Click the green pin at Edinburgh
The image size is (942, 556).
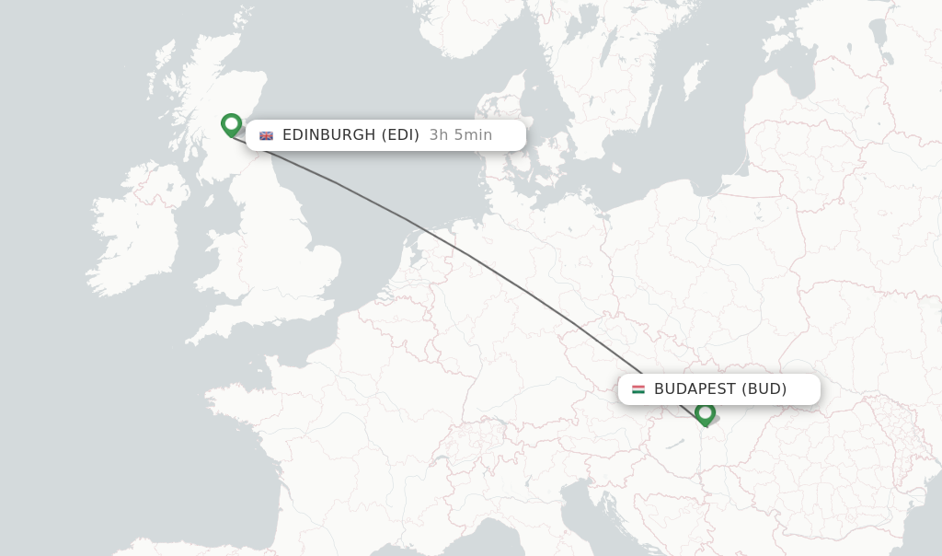click(231, 124)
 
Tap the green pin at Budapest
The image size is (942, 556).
click(706, 413)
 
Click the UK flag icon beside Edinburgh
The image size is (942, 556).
click(267, 135)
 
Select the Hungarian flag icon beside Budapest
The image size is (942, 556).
click(638, 389)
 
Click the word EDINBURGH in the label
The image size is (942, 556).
click(329, 135)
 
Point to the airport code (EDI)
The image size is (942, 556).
click(400, 135)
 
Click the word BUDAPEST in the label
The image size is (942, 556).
click(695, 389)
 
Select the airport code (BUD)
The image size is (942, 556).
click(765, 389)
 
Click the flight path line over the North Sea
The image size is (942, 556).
click(368, 197)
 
